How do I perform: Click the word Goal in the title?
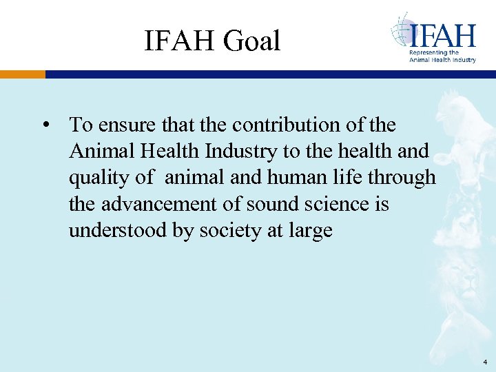(252, 41)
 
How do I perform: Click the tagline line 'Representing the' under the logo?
(434, 52)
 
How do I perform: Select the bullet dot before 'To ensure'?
(45, 126)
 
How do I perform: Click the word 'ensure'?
(125, 125)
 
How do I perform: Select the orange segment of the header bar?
(23, 74)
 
